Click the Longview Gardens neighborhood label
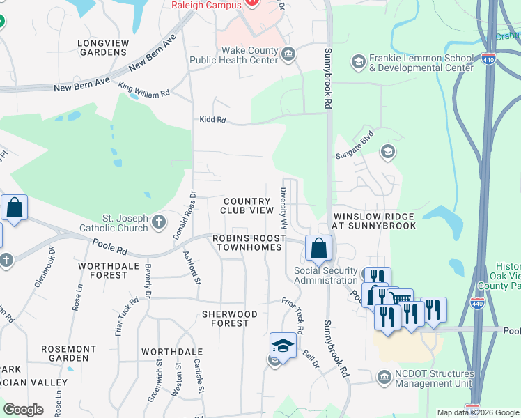[103, 47]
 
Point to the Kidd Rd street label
[212, 120]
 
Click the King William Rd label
[144, 89]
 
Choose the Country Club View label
[247, 206]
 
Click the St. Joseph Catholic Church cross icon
[159, 222]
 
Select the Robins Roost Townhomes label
[247, 242]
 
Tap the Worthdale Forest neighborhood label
[103, 270]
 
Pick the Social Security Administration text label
[325, 275]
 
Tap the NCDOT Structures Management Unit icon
[383, 378]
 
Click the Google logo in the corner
[23, 410]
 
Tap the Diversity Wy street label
[283, 208]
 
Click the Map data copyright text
[478, 412]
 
